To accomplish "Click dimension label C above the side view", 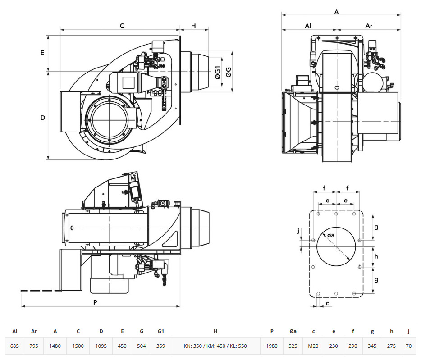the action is pyautogui.click(x=122, y=26).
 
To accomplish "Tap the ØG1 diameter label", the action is pyautogui.click(x=218, y=72).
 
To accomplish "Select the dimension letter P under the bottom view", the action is pyautogui.click(x=95, y=302).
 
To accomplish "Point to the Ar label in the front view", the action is pyautogui.click(x=369, y=26).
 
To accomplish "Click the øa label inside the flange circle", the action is pyautogui.click(x=331, y=235).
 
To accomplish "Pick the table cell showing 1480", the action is pyautogui.click(x=55, y=346).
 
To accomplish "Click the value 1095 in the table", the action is pyautogui.click(x=101, y=346).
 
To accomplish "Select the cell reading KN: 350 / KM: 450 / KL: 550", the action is pyautogui.click(x=215, y=346).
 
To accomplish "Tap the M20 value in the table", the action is pyautogui.click(x=313, y=346).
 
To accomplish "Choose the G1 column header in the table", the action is pyautogui.click(x=160, y=331).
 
